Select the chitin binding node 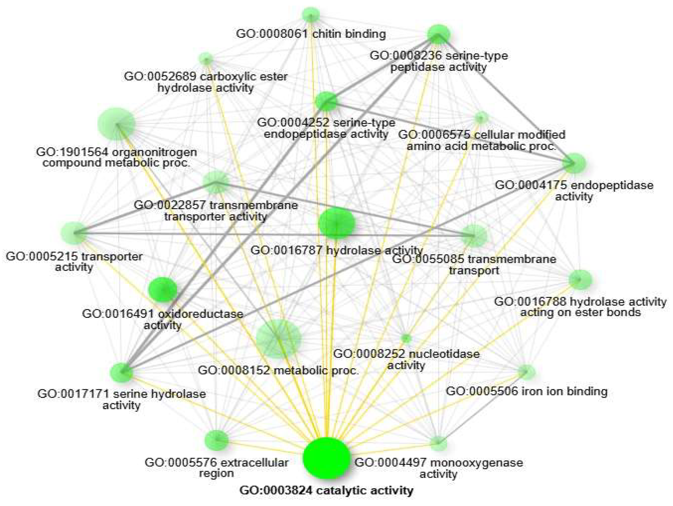point(311,15)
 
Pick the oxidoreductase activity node point(163,290)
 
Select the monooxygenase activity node point(439,443)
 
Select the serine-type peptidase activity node point(438,34)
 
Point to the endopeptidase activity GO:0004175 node point(575,163)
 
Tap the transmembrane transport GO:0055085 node point(473,236)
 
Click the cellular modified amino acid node point(481,117)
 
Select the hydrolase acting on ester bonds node point(580,279)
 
